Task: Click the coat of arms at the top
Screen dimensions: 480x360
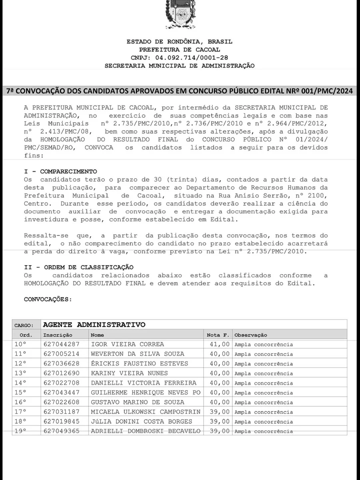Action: click(180, 14)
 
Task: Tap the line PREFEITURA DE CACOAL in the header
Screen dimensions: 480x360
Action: click(180, 50)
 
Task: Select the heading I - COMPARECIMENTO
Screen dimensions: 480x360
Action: click(60, 172)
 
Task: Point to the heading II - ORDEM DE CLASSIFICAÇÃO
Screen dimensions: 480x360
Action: click(79, 267)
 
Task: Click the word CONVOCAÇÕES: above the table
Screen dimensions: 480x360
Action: click(48, 299)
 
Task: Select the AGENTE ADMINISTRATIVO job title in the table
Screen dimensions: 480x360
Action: click(94, 325)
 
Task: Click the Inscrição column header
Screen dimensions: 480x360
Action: click(58, 335)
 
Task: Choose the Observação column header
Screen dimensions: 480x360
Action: click(251, 335)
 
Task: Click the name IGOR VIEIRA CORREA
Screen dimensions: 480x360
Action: click(128, 344)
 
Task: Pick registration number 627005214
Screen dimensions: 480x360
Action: click(62, 354)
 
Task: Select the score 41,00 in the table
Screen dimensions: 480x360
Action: click(220, 344)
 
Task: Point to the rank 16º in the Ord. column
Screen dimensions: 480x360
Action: click(20, 402)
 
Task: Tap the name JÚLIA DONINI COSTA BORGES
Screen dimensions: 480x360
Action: click(142, 421)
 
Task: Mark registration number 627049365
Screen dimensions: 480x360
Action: click(62, 431)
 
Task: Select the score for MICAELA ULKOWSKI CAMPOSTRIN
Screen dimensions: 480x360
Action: click(220, 412)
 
